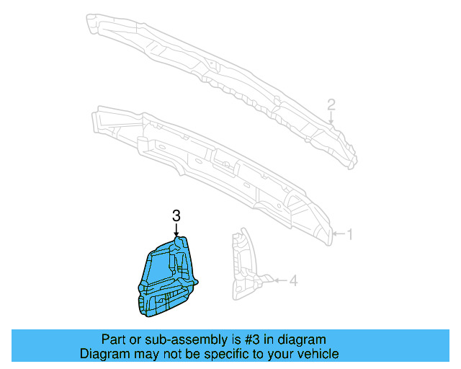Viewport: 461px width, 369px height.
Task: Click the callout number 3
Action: tap(176, 215)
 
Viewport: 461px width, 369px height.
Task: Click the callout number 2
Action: tap(331, 105)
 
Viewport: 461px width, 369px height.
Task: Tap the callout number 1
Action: tap(350, 234)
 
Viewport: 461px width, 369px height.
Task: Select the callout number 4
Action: tap(293, 280)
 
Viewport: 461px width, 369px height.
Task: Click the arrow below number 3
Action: tap(176, 230)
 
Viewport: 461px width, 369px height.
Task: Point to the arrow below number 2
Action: tap(331, 118)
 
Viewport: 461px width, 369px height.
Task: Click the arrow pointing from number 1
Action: tap(338, 234)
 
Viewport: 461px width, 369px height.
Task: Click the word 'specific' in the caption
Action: tap(216, 354)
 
